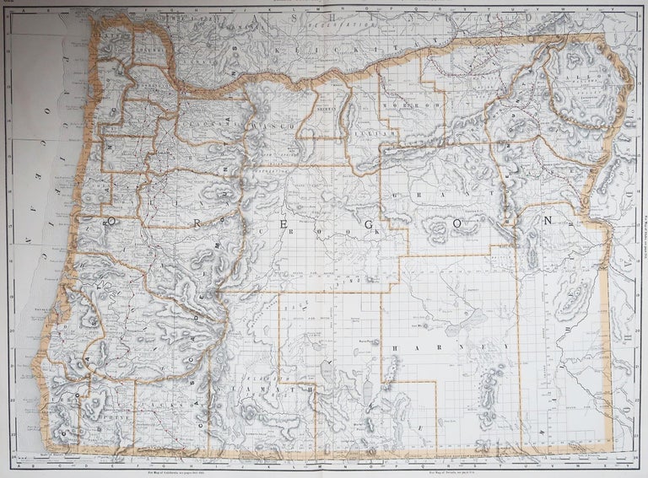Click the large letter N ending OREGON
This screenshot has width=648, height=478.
tap(548, 221)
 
